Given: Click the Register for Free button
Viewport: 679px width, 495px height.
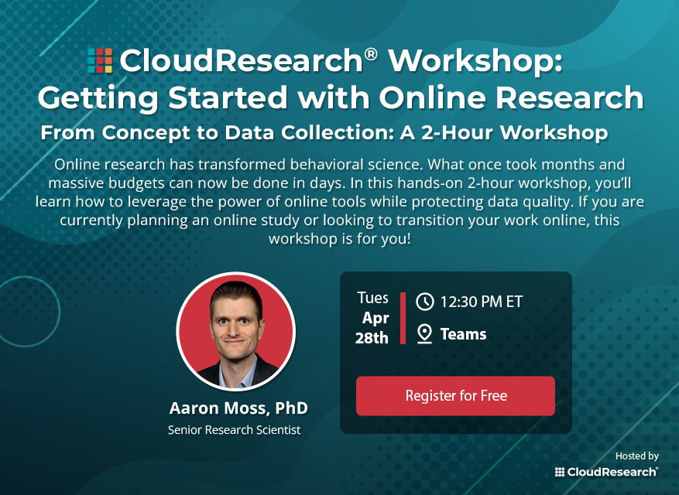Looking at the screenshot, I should click(455, 396).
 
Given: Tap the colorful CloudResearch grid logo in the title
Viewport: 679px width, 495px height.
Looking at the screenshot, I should click(100, 60).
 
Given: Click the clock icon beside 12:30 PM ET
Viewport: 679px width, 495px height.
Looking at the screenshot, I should click(424, 302).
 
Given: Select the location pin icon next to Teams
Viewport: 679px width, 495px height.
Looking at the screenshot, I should click(424, 334).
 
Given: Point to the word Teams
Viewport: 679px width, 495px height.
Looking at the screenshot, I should click(463, 334).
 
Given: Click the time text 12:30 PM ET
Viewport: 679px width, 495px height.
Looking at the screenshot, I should click(482, 302).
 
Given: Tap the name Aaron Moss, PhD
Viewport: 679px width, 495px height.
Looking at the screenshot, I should click(238, 408).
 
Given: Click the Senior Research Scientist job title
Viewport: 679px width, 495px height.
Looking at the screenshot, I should click(235, 429).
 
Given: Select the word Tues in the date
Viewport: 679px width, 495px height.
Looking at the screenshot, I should click(373, 298).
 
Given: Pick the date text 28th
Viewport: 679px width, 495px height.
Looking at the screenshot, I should click(371, 338).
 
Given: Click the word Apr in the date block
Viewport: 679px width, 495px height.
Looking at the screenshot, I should click(376, 318).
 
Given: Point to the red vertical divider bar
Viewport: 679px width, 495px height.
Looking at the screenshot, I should click(403, 318).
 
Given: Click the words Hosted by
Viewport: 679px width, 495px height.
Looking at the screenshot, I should click(636, 456).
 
